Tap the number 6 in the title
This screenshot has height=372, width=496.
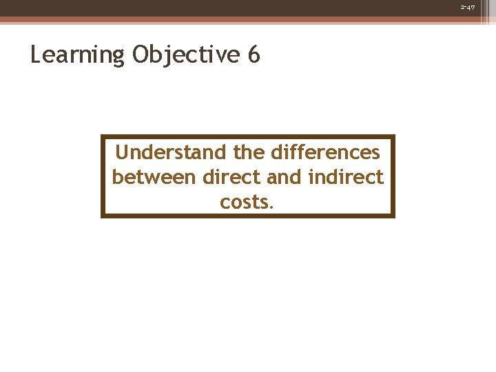253,54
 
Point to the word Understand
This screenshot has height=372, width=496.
170,152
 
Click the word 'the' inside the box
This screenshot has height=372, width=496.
248,152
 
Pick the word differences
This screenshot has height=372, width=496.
326,152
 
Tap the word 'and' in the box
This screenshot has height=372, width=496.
283,177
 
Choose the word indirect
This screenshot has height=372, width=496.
345,177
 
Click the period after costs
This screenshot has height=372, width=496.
272,207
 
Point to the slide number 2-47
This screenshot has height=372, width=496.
476,7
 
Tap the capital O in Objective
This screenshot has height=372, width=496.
141,54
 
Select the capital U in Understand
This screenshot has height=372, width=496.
123,152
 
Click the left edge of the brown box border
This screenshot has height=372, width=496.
103,176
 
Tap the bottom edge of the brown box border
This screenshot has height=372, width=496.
248,216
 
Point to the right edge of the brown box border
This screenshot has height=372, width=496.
393,176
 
